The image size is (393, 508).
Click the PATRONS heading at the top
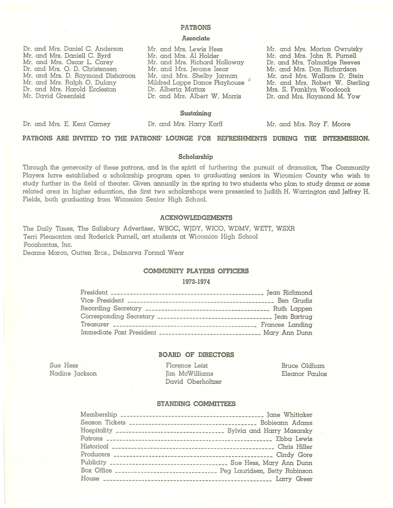tap(196, 28)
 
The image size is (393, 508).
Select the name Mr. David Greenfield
tap(54, 96)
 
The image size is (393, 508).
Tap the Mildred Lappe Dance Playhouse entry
tap(196, 83)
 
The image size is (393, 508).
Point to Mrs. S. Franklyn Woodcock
tap(309, 90)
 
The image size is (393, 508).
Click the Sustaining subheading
tap(196, 113)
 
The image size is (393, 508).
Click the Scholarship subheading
tap(196, 157)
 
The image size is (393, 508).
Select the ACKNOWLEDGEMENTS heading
tap(196, 217)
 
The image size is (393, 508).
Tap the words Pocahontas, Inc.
tap(47, 246)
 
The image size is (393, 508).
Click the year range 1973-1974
tap(196, 282)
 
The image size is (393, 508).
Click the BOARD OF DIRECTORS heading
tap(196, 354)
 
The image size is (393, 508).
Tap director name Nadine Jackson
tap(73, 373)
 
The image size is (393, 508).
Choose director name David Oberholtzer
tap(194, 381)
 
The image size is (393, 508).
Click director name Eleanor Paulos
tap(304, 373)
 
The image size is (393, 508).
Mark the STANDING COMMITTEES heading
tap(196, 404)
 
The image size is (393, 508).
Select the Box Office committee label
tap(96, 471)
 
